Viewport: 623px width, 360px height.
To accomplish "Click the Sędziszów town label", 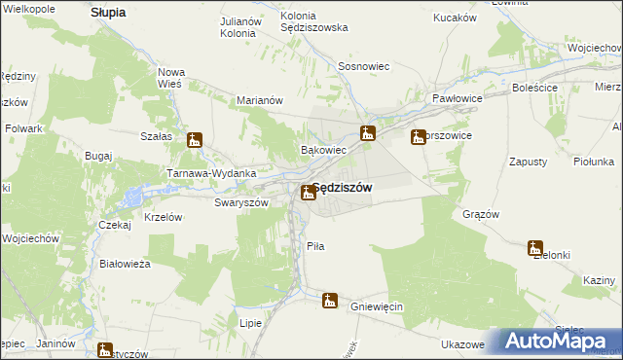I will pos(341,189).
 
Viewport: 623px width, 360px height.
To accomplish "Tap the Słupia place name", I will pos(108,13).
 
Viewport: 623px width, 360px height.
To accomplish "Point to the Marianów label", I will pos(260,99).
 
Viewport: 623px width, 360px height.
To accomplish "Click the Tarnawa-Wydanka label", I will pos(211,173).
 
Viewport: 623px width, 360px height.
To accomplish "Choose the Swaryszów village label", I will pos(240,202).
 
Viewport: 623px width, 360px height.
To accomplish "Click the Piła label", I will pos(315,246).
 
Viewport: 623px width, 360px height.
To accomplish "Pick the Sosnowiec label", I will pos(364,66).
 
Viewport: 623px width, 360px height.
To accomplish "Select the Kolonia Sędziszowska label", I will pos(313,21).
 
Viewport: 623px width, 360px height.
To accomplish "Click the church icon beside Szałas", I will pos(195,140).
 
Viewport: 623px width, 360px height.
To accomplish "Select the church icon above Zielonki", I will pos(534,247).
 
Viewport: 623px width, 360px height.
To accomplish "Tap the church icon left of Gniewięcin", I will pos(330,302).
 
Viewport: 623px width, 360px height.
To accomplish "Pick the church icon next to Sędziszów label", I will pos(308,192).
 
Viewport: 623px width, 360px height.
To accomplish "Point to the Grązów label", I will pos(481,214).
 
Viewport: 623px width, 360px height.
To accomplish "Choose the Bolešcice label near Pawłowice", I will pos(533,88).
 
